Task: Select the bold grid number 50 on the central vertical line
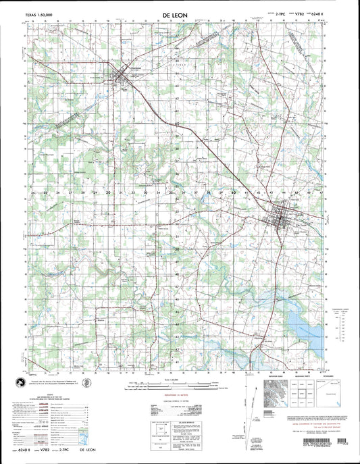[176, 249]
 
